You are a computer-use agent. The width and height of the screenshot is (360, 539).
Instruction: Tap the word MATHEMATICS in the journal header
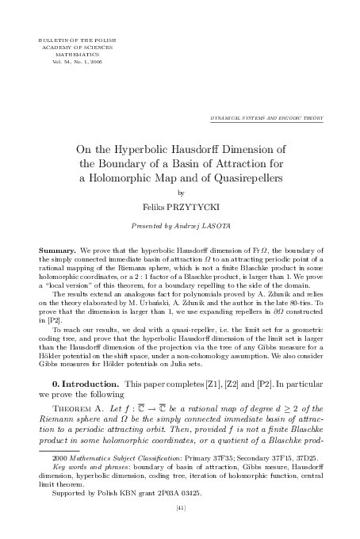point(67,53)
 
